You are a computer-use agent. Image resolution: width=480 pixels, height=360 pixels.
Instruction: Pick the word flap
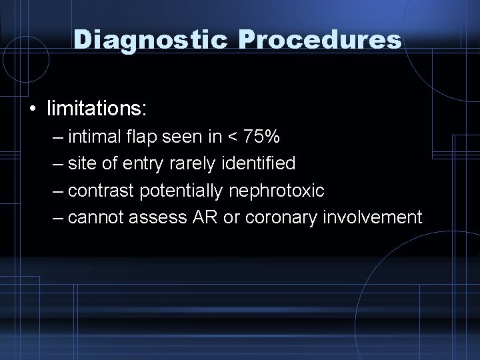[141, 137]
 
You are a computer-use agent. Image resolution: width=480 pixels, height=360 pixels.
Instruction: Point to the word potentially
[181, 191]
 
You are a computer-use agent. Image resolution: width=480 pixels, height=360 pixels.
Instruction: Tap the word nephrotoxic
[277, 191]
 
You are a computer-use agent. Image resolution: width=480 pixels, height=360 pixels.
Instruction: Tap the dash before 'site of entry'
[59, 164]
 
